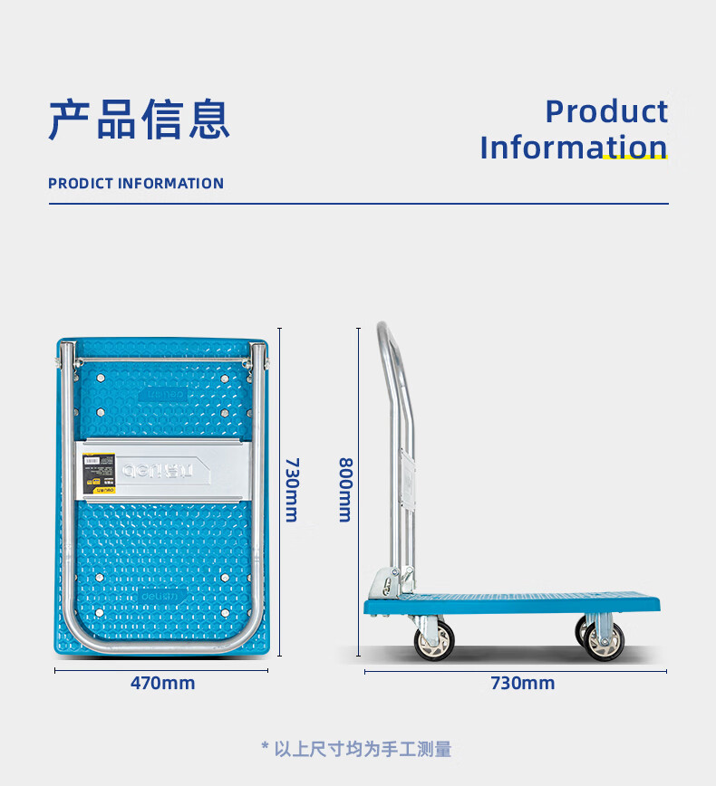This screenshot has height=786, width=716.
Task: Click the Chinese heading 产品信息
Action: tap(139, 120)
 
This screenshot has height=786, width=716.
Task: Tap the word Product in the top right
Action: tap(606, 111)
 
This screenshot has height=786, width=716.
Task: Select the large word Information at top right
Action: tap(574, 147)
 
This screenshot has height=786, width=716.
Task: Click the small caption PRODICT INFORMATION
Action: tap(136, 183)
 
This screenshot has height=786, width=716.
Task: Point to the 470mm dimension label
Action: tap(162, 683)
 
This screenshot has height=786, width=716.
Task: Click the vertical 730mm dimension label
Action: tap(291, 489)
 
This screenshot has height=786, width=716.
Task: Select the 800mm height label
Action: tap(344, 489)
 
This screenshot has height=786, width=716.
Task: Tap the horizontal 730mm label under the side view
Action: tap(522, 683)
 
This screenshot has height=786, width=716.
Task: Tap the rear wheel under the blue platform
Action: tap(602, 640)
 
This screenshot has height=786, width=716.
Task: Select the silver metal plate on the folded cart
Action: tap(163, 470)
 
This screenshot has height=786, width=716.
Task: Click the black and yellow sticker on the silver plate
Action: tap(92, 471)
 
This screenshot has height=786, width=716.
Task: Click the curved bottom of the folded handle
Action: tap(163, 647)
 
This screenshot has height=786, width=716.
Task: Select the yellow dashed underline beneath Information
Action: tap(634, 158)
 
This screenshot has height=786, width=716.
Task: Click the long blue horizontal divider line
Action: tap(358, 204)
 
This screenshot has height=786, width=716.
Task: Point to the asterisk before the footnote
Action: tap(265, 748)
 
